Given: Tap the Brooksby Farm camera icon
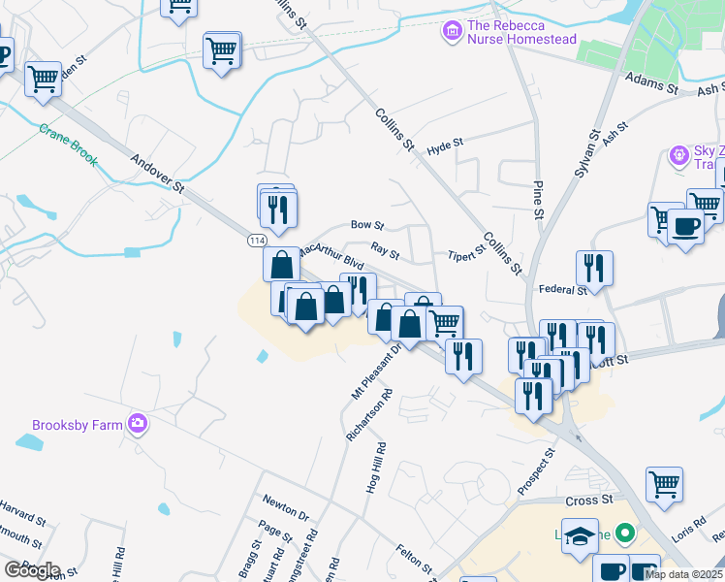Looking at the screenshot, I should coord(138,423).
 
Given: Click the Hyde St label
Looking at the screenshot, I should coord(445,145).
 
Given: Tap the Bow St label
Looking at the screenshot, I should coord(367,225).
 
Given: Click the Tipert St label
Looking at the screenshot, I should coord(465,255).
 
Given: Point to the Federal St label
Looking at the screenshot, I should coord(562,289).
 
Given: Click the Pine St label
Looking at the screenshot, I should coord(537,198).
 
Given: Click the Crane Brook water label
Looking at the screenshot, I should coord(68,144).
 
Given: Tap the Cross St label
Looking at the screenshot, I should coord(589,501).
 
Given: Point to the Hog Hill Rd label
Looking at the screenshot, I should coord(376,469).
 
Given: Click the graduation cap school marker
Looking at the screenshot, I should coord(581,536).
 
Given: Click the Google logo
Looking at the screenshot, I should coord(32,569).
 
